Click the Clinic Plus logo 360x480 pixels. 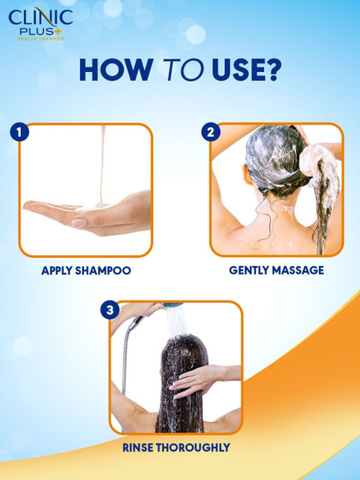pos(40,24)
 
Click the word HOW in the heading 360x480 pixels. pos(116,70)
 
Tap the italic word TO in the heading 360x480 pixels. pos(183,70)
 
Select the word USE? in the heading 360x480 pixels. pos(246,70)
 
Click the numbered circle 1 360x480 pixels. pos(19,132)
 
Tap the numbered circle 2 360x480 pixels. pos(211,132)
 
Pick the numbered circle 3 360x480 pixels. pos(109,310)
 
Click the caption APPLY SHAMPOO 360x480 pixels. pos(86,271)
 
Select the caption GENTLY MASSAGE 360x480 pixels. pos(277,270)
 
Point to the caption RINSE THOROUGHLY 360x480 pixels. pos(176,448)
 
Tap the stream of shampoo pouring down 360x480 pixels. pos(103,165)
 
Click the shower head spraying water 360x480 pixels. pos(173,305)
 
